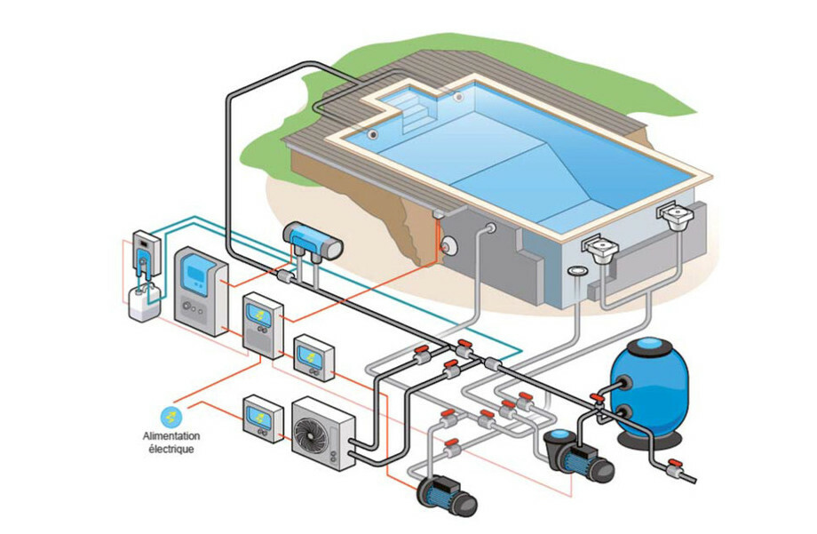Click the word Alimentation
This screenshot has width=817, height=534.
point(171,436)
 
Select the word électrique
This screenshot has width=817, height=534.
point(171,449)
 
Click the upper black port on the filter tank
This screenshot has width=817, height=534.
point(623,384)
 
